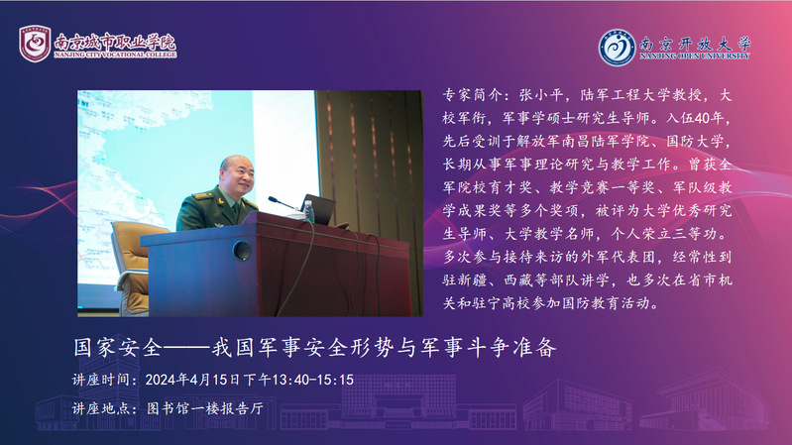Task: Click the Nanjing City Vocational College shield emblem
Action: pyautogui.click(x=35, y=44)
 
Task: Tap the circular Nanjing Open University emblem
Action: pyautogui.click(x=617, y=48)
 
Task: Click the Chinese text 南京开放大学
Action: pyautogui.click(x=695, y=44)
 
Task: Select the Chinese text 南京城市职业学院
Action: pyautogui.click(x=115, y=42)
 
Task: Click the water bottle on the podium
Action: pyautogui.click(x=309, y=211)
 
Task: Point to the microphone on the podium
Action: pyautogui.click(x=282, y=203)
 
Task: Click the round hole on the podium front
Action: pyautogui.click(x=242, y=250)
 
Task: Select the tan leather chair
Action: pyautogui.click(x=134, y=267)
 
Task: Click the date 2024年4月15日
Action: pyautogui.click(x=192, y=380)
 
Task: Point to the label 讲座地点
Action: pyautogui.click(x=101, y=408)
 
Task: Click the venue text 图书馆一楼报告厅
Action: pyautogui.click(x=205, y=408)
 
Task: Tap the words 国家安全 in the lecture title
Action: pyautogui.click(x=118, y=348)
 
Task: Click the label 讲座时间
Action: pyautogui.click(x=101, y=380)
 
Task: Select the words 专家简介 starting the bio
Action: pyautogui.click(x=473, y=95)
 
